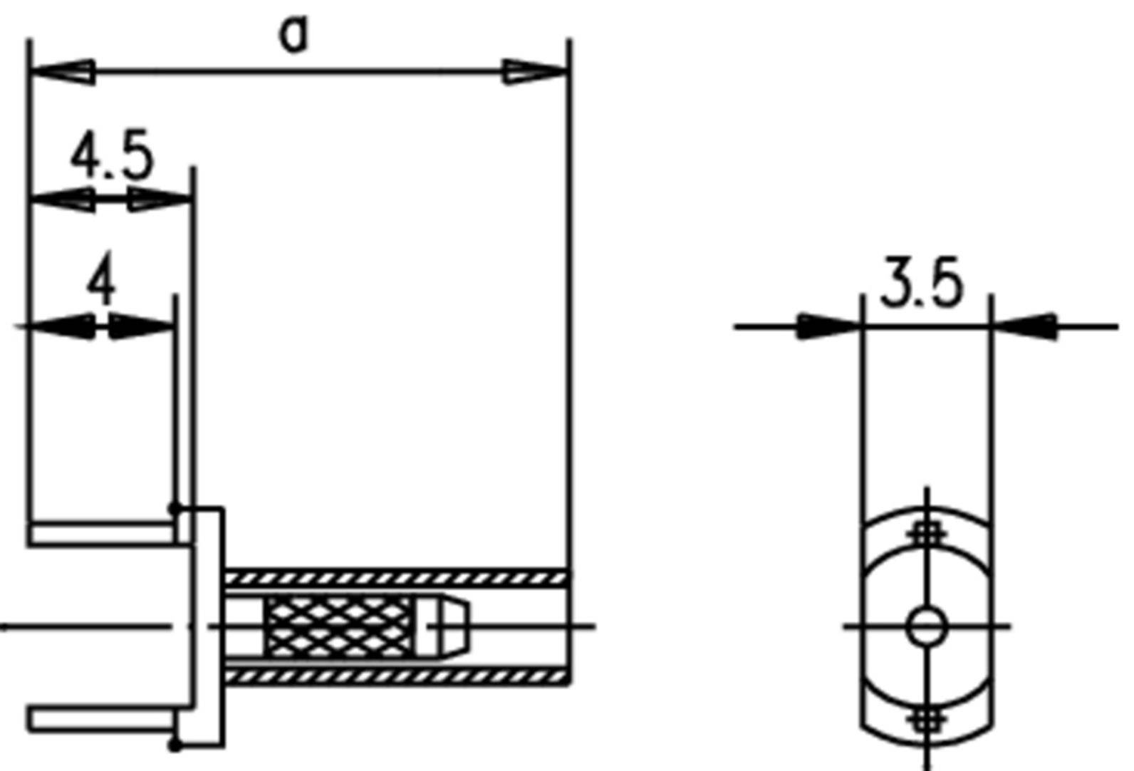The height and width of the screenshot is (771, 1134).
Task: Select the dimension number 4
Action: pyautogui.click(x=101, y=284)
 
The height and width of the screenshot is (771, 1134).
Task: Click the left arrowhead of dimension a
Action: pyautogui.click(x=63, y=72)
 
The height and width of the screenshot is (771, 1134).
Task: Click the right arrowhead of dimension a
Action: pyautogui.click(x=535, y=72)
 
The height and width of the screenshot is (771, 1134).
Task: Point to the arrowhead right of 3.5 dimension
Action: pyautogui.click(x=1024, y=326)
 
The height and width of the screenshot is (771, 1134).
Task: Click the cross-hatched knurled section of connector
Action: pyautogui.click(x=338, y=627)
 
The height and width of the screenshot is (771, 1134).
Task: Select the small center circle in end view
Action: pyautogui.click(x=927, y=628)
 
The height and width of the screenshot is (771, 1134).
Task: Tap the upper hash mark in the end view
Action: pyautogui.click(x=927, y=533)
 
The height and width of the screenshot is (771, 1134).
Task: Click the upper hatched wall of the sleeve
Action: pyautogui.click(x=396, y=577)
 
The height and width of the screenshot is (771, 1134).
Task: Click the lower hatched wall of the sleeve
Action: pyautogui.click(x=396, y=676)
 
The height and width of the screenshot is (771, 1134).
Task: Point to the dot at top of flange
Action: pyautogui.click(x=174, y=508)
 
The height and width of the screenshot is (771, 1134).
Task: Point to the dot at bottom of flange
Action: pyautogui.click(x=174, y=745)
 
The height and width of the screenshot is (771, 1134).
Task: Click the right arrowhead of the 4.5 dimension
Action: pyautogui.click(x=161, y=200)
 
